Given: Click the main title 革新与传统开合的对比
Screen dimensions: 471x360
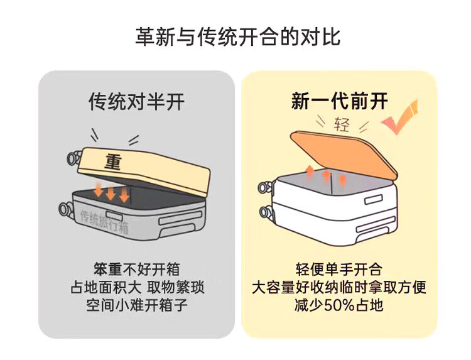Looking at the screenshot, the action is point(237,36).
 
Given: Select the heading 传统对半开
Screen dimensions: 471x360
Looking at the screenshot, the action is point(136,102).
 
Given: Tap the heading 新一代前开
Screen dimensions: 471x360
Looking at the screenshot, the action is point(340,101).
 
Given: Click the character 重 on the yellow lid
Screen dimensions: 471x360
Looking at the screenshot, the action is point(113,161).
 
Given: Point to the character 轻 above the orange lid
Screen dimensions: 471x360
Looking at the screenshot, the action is point(342,124).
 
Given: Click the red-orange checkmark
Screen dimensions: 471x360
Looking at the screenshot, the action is point(400,117).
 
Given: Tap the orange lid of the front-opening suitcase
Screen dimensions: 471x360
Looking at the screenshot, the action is point(344,155).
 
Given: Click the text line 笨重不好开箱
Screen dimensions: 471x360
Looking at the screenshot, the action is point(136,269).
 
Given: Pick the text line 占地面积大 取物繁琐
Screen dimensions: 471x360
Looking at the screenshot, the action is point(138,287).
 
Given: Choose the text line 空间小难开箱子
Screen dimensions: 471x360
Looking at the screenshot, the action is point(137,305).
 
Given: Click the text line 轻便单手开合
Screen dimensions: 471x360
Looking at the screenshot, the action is point(338,269).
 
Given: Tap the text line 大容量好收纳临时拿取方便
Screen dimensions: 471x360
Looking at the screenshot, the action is point(339,287).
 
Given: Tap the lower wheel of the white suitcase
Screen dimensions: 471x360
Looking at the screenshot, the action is point(265,212).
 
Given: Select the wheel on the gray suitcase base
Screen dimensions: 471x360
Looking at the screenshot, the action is point(66,209).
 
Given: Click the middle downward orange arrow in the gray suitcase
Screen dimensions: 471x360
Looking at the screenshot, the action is point(111,193).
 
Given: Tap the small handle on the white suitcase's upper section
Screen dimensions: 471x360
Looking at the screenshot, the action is point(374,200).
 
